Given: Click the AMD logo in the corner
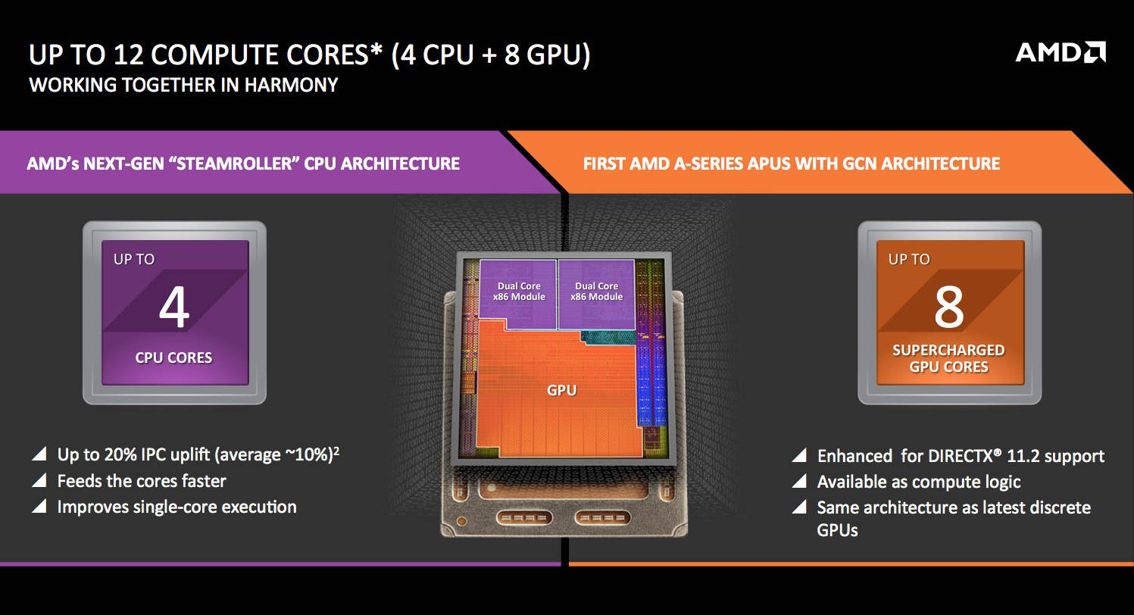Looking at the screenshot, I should (1060, 52).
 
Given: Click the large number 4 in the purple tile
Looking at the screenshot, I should (173, 308).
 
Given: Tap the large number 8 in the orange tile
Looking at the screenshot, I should (948, 307).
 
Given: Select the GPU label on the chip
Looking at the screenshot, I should (561, 391).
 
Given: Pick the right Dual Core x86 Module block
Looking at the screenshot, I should (596, 292).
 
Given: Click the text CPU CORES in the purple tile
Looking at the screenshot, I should (173, 357).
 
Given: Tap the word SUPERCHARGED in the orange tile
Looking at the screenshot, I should (948, 351).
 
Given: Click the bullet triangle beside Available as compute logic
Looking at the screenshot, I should (798, 482).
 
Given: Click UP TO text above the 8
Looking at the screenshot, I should (908, 260).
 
